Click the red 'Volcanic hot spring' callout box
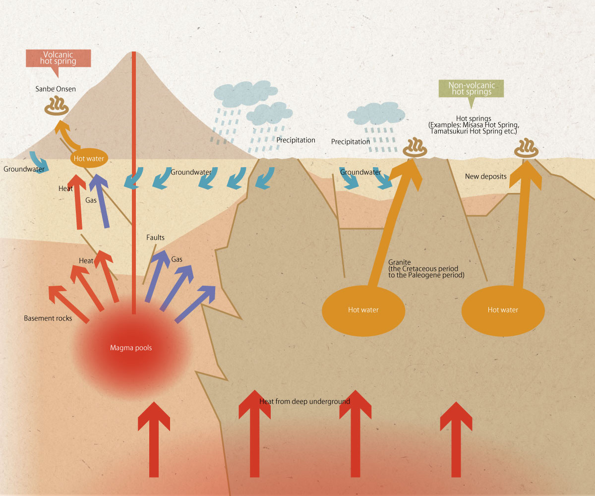click(59, 58)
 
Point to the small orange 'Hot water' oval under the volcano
click(87, 159)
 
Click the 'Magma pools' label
click(131, 348)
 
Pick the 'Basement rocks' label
click(48, 318)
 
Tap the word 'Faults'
click(155, 238)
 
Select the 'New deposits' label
click(485, 177)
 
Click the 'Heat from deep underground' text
click(305, 401)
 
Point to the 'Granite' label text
click(400, 262)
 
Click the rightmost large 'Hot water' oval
click(503, 310)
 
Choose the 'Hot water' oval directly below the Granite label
click(363, 310)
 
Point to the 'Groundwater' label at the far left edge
click(24, 169)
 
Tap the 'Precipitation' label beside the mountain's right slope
click(296, 140)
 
